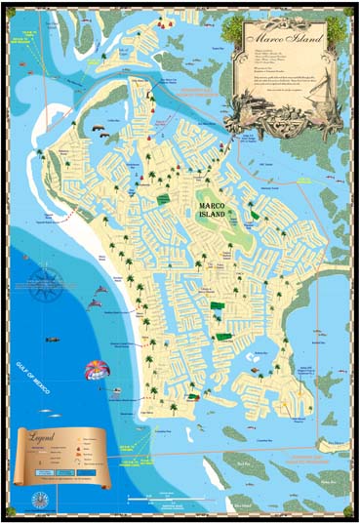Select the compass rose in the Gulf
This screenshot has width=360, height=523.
(42, 287)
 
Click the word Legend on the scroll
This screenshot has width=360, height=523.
(46, 438)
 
